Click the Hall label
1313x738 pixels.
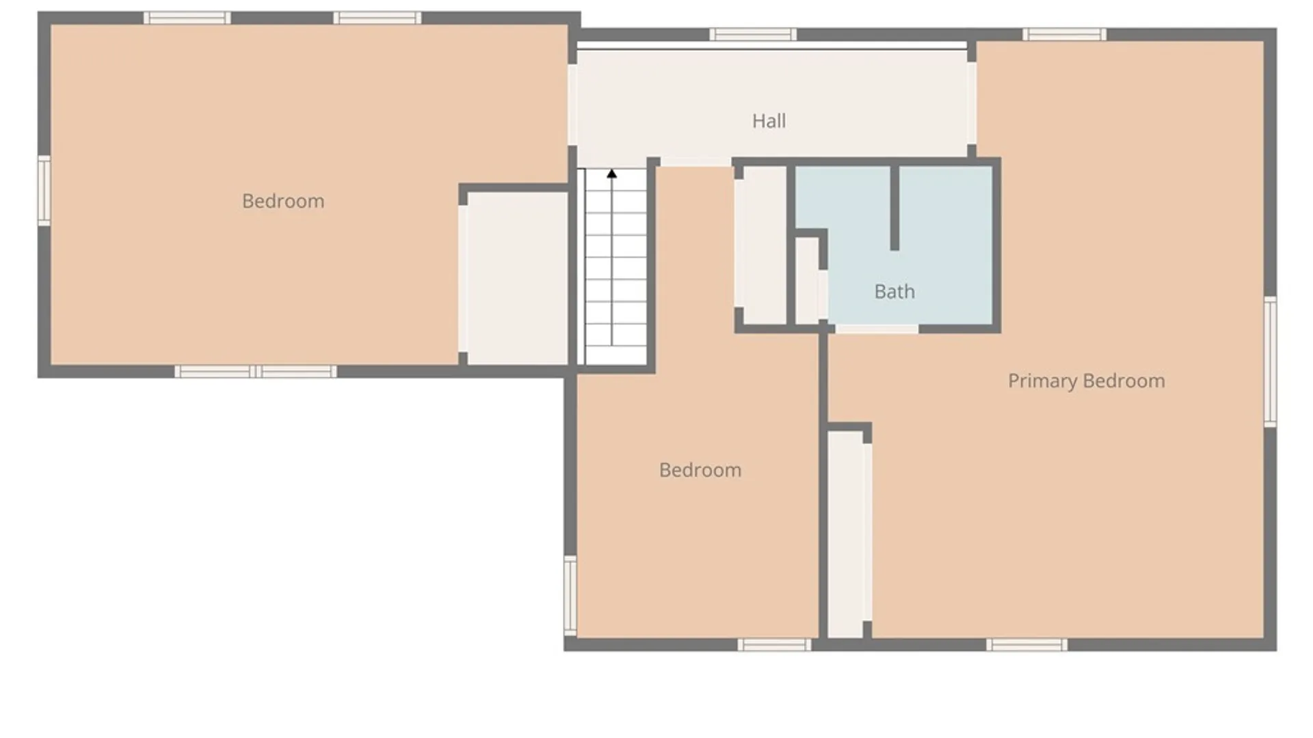(x=769, y=122)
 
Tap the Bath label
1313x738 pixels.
(x=894, y=292)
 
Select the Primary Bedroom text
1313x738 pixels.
(x=1086, y=381)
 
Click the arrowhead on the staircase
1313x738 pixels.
(x=611, y=174)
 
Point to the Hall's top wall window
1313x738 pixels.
(x=752, y=34)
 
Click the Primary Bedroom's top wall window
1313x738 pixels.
(x=1064, y=34)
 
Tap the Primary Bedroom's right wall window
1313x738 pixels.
(x=1270, y=361)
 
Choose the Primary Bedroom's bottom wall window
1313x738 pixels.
(x=1026, y=644)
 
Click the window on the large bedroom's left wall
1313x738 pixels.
(x=44, y=191)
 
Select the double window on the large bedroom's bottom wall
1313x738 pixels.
(x=256, y=371)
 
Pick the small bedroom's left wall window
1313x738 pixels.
(x=570, y=594)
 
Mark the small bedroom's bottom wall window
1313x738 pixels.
(x=774, y=644)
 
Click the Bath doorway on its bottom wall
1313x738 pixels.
(x=877, y=329)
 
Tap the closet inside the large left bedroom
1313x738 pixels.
(x=517, y=277)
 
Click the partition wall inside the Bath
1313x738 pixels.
(x=894, y=208)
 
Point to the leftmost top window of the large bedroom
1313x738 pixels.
(x=187, y=18)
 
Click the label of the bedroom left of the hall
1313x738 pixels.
(x=283, y=202)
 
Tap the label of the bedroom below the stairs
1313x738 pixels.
(x=700, y=470)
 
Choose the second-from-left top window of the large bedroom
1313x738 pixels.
(x=377, y=18)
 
